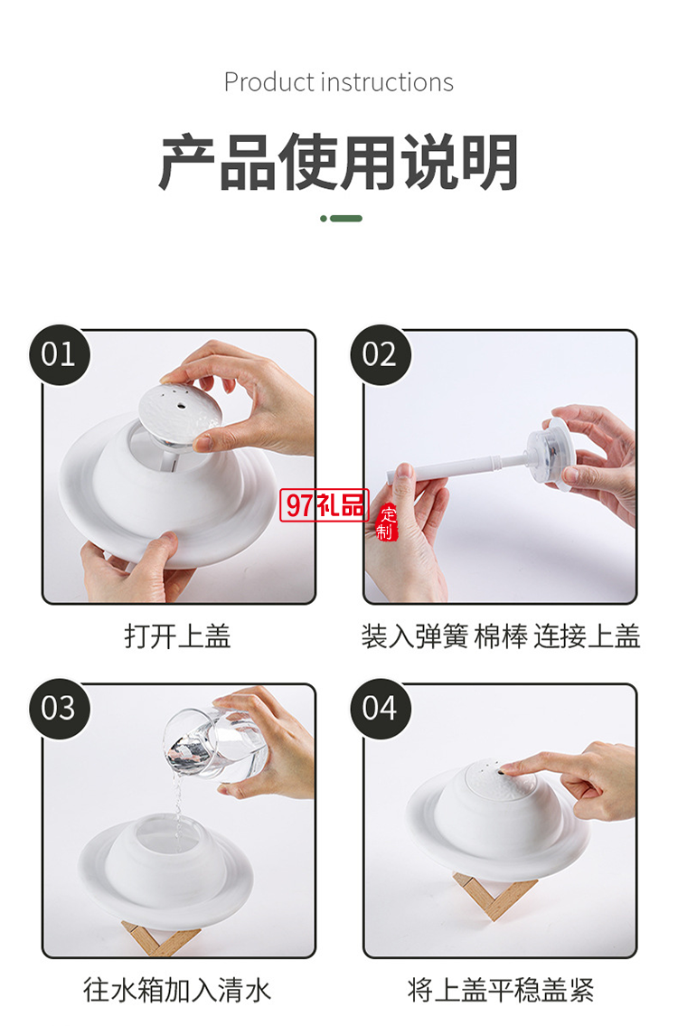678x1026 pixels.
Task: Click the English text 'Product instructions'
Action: (x=338, y=82)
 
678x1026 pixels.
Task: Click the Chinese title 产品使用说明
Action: (x=338, y=162)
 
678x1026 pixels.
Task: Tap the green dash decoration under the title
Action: (x=341, y=219)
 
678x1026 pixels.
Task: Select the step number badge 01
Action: (x=59, y=354)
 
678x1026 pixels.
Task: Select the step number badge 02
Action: (x=381, y=354)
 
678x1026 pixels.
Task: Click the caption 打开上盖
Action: (x=178, y=636)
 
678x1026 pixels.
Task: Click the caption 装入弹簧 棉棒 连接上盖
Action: (x=501, y=636)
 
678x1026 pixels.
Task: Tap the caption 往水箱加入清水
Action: (x=176, y=990)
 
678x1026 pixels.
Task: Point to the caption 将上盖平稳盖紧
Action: (x=501, y=990)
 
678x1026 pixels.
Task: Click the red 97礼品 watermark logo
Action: (x=325, y=504)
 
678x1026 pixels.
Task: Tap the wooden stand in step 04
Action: (x=494, y=895)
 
